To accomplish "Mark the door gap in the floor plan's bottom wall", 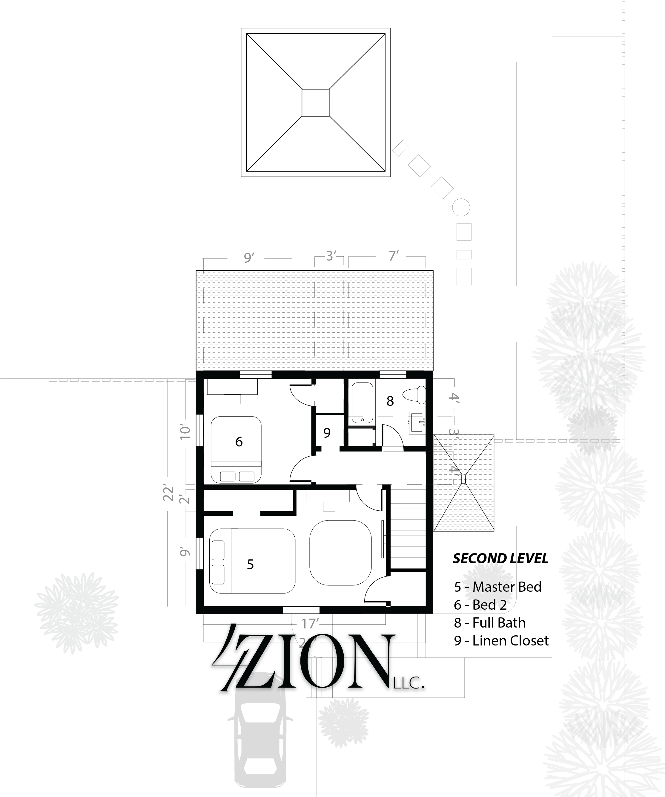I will pyautogui.click(x=301, y=610).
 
